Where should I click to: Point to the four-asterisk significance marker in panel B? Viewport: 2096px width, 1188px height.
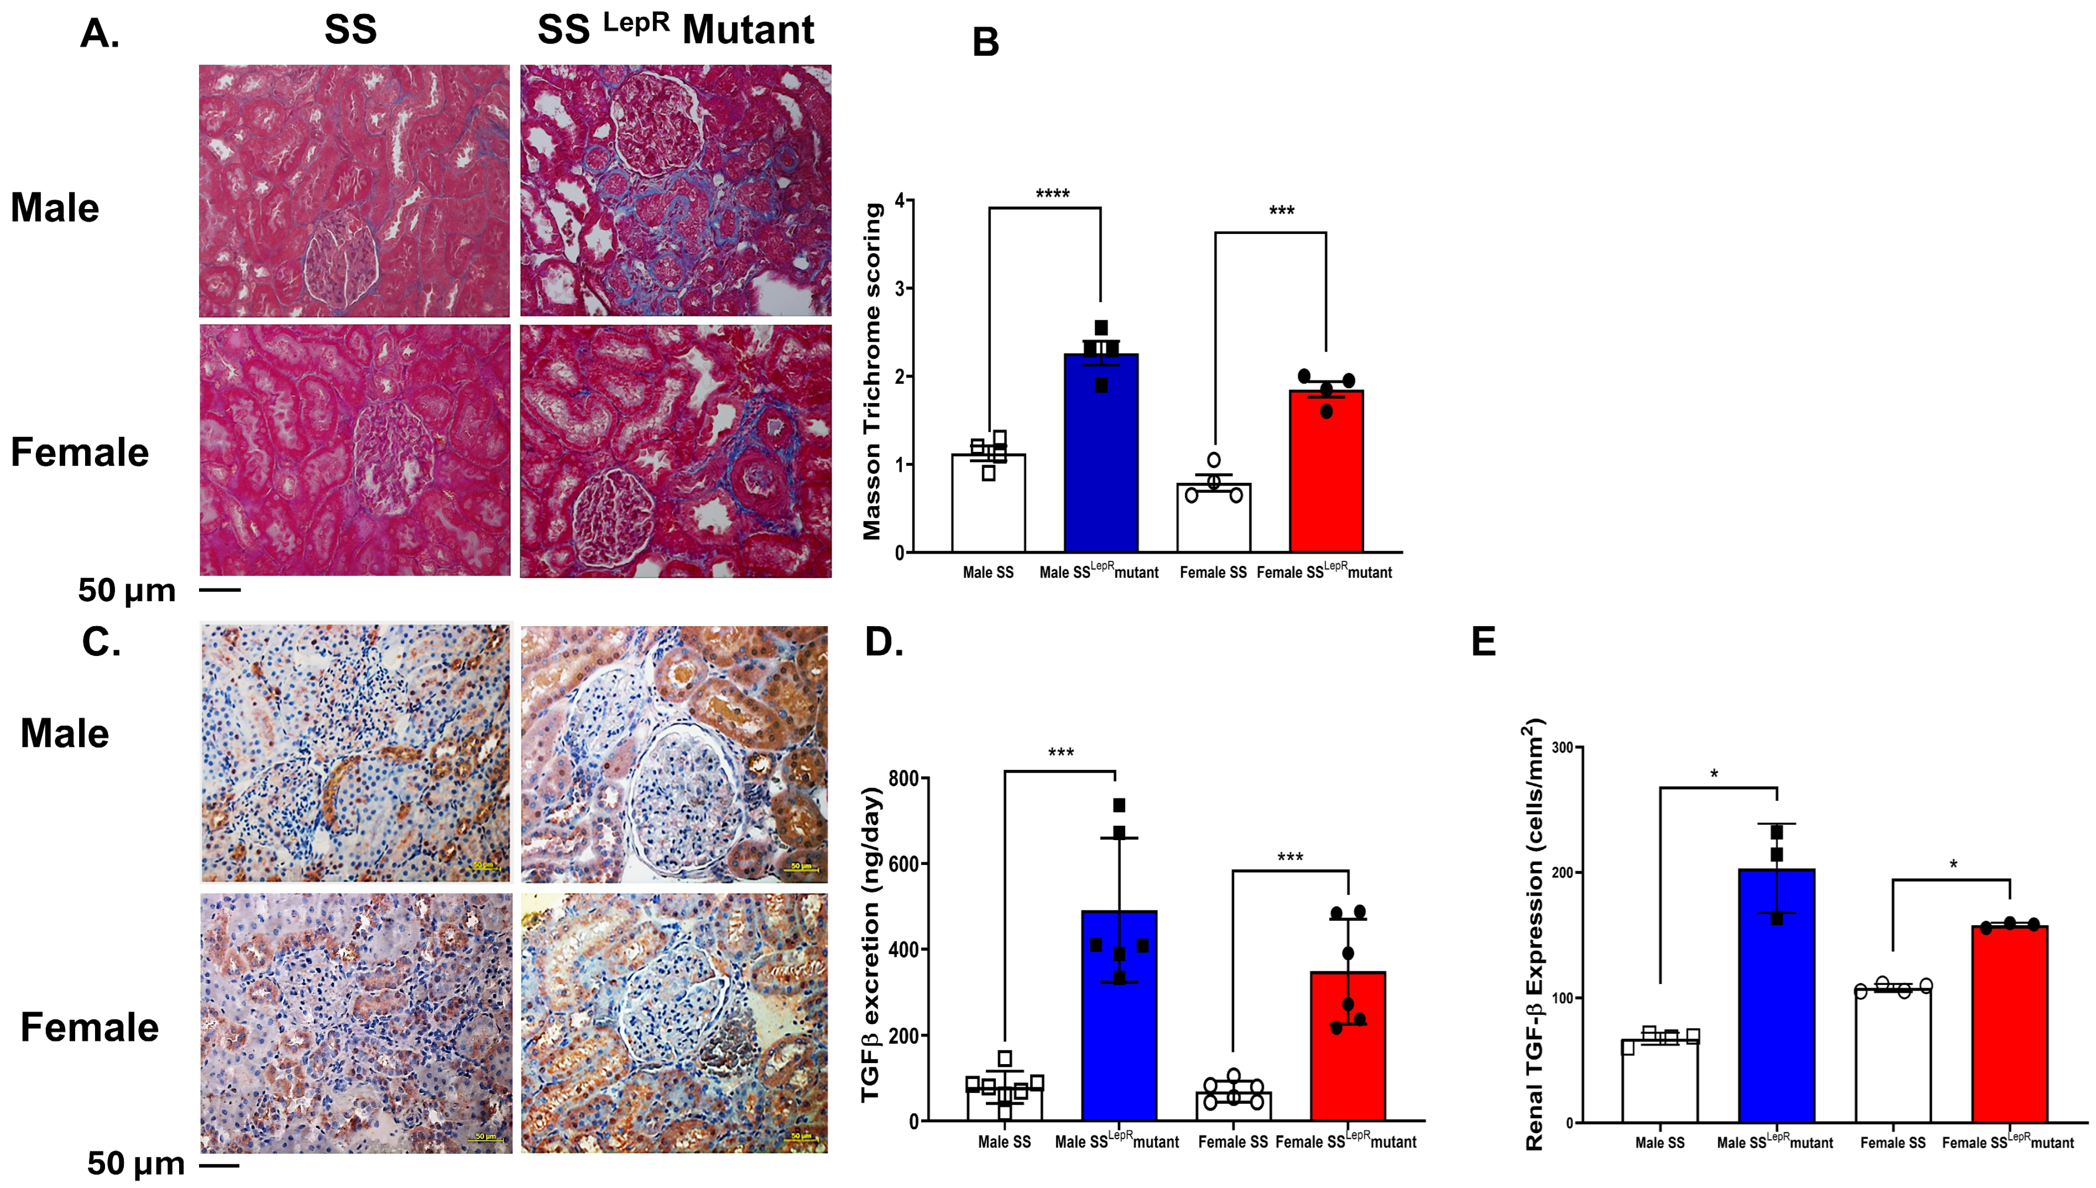pyautogui.click(x=1052, y=194)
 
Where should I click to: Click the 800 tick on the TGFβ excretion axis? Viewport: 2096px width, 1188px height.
pyautogui.click(x=903, y=778)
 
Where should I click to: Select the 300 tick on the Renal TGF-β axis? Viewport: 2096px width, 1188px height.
pyautogui.click(x=1562, y=747)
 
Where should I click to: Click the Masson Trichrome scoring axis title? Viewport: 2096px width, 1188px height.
pyautogui.click(x=872, y=371)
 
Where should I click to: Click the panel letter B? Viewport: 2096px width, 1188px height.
pyautogui.click(x=985, y=43)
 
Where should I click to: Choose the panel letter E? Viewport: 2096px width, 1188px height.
pyautogui.click(x=1483, y=642)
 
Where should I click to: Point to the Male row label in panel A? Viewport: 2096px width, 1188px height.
pyautogui.click(x=55, y=207)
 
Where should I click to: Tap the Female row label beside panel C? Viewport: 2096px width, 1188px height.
pyautogui.click(x=89, y=1027)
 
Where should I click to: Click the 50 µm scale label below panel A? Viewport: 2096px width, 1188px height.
pyautogui.click(x=127, y=590)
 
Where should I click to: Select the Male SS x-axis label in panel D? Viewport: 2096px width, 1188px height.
pyautogui.click(x=1004, y=1142)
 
